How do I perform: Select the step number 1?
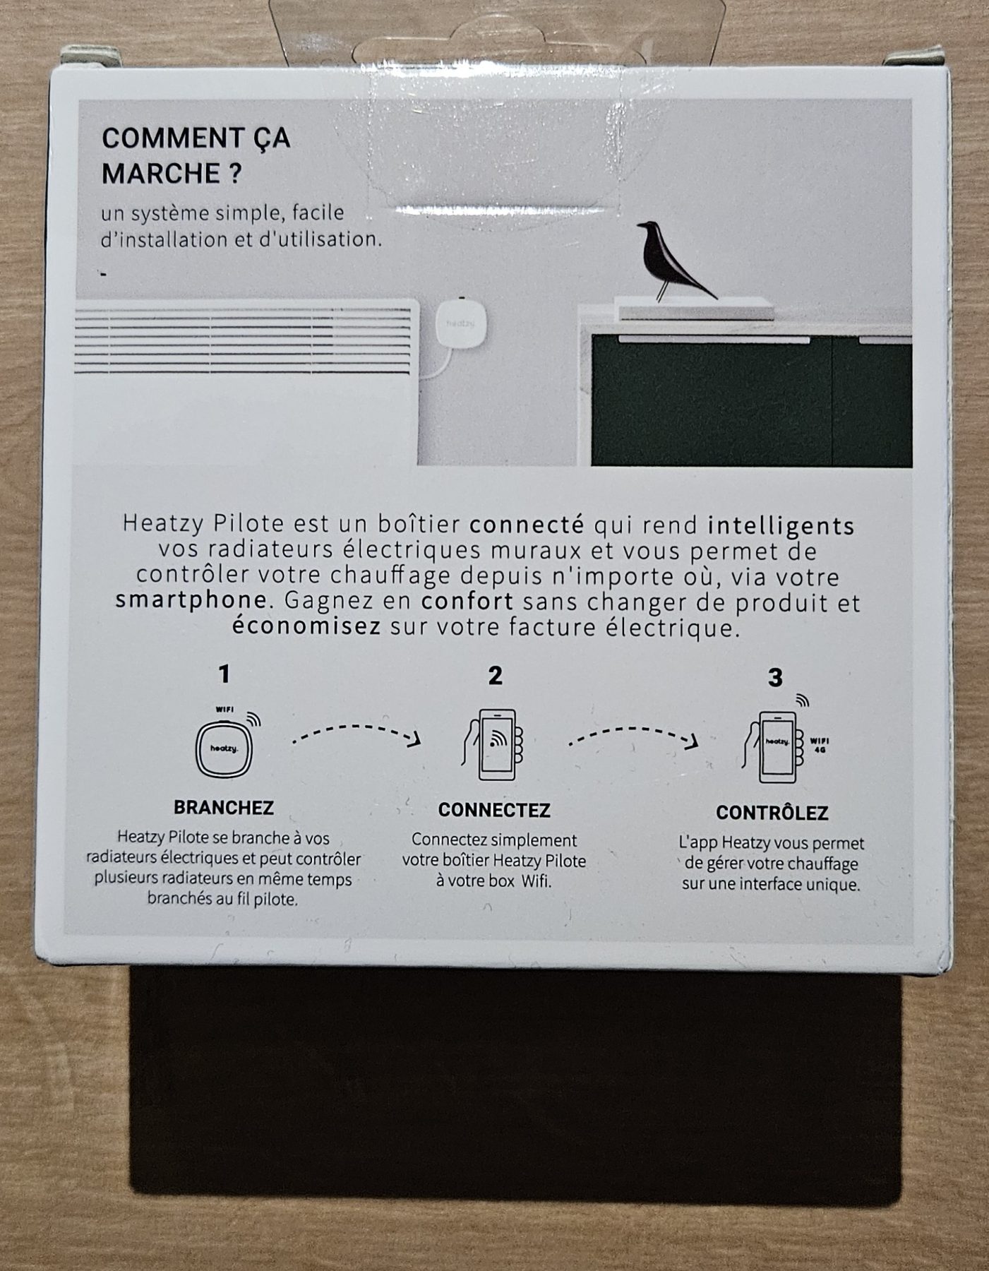click(x=224, y=674)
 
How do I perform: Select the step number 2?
click(x=495, y=676)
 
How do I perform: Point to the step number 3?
click(x=774, y=678)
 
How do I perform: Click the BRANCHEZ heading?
click(x=224, y=807)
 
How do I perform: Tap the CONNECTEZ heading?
click(x=494, y=810)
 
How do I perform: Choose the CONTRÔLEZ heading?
click(x=772, y=813)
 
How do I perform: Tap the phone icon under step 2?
click(x=493, y=744)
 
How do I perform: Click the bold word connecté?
click(x=527, y=525)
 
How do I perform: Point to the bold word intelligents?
click(x=781, y=526)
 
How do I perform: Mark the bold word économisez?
click(x=306, y=626)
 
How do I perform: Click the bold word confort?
click(x=467, y=602)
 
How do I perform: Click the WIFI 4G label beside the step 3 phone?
click(x=819, y=744)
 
